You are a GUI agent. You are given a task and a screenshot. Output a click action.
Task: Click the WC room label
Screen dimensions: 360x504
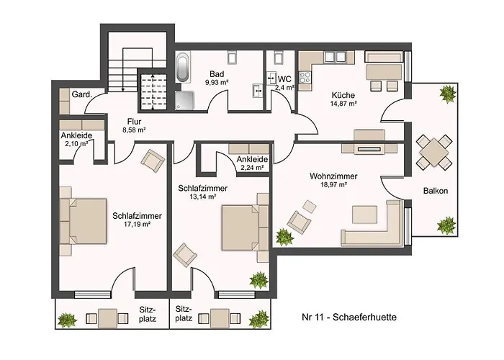(284, 78)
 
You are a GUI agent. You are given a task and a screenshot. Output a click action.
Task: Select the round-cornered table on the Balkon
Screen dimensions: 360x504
(435, 153)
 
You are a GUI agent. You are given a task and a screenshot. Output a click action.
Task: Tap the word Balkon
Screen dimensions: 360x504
(436, 191)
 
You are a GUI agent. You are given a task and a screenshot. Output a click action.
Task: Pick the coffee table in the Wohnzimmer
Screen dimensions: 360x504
(364, 213)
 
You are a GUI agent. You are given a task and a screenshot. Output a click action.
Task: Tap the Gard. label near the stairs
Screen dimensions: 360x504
(79, 94)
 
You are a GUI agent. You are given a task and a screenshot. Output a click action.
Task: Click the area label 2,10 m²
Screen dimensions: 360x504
(76, 143)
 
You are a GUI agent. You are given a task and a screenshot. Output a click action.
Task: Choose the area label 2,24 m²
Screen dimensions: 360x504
(252, 169)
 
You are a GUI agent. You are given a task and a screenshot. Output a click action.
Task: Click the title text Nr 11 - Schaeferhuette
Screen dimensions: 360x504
(350, 316)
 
